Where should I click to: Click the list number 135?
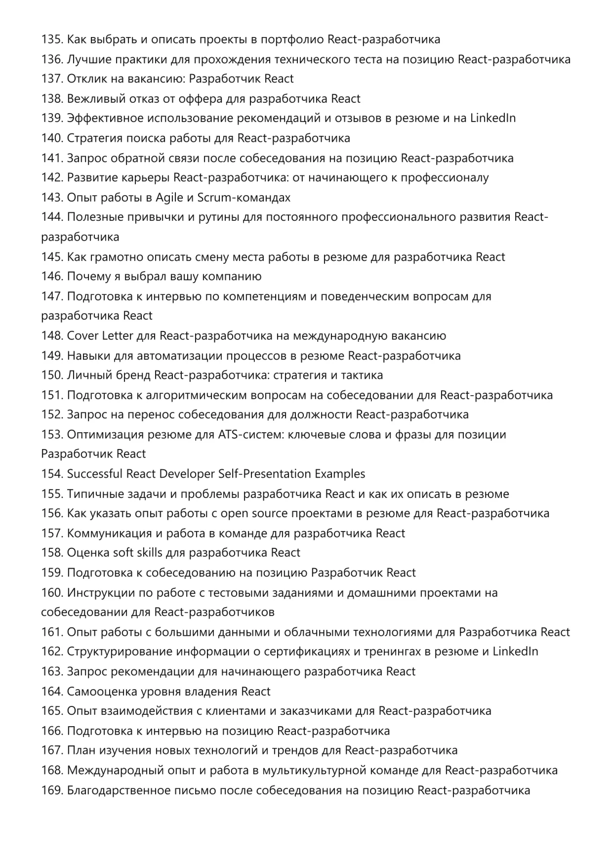[x=52, y=40]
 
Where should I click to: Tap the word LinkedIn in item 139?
[x=492, y=119]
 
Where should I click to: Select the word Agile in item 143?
[x=169, y=198]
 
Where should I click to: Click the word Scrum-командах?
[x=244, y=198]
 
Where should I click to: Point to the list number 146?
[x=52, y=277]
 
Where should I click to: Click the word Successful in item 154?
[x=94, y=474]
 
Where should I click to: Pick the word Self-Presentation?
[x=264, y=474]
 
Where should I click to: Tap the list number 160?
[x=52, y=593]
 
